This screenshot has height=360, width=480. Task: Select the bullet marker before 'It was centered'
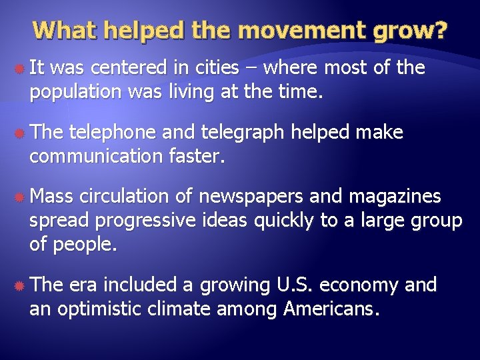[x=19, y=69]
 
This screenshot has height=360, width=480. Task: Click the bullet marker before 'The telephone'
[x=19, y=133]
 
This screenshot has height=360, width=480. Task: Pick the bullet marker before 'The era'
[x=19, y=287]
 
